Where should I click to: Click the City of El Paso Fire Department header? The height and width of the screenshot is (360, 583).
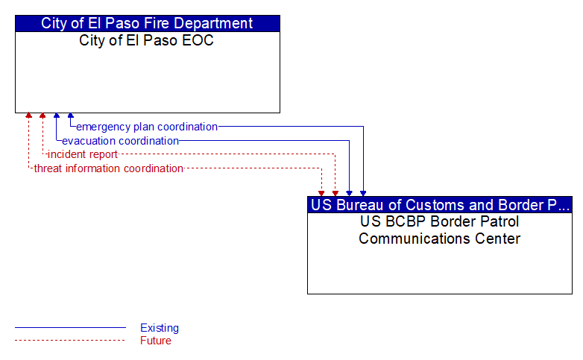tap(147, 23)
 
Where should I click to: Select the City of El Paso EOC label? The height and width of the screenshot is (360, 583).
tap(146, 40)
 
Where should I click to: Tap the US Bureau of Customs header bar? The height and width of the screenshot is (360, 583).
tap(439, 205)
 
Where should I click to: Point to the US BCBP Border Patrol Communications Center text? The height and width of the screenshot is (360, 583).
tap(439, 230)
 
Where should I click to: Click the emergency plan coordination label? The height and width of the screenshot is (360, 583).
tap(147, 127)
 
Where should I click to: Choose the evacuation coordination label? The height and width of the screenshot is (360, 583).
tap(121, 141)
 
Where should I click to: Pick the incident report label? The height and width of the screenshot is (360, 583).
tap(83, 154)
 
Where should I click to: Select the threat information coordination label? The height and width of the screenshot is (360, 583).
tap(109, 168)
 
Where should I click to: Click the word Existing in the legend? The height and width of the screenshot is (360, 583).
tap(160, 328)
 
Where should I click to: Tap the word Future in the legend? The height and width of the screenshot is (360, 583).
tap(156, 341)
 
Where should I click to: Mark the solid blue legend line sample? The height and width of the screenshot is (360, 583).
tap(70, 328)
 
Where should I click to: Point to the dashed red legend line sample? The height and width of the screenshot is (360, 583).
tap(70, 341)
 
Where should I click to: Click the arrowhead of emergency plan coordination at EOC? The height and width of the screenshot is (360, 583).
tap(71, 116)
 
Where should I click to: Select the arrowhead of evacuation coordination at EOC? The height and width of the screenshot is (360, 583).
tap(57, 116)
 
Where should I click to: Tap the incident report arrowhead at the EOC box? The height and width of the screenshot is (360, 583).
tap(42, 116)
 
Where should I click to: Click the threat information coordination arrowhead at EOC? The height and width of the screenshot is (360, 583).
tap(28, 116)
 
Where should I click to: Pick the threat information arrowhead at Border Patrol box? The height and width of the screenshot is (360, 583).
tap(321, 194)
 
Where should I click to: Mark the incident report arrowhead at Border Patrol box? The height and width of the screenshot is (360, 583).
tap(335, 194)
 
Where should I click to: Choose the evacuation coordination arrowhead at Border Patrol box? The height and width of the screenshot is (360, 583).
tap(349, 194)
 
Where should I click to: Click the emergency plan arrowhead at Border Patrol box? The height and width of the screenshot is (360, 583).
tap(363, 194)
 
